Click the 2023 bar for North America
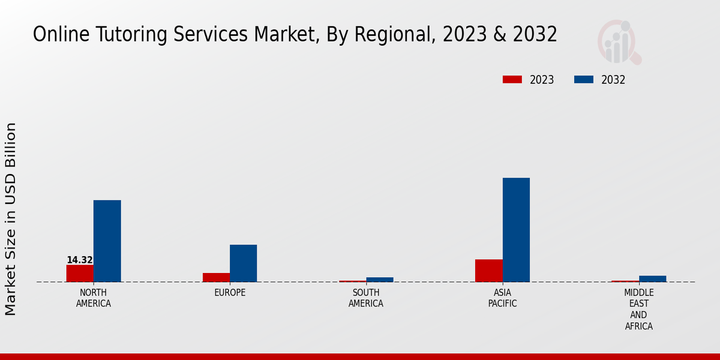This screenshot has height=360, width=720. [x=80, y=273]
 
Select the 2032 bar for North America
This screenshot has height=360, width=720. [x=107, y=241]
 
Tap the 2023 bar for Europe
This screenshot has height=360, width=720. [x=216, y=277]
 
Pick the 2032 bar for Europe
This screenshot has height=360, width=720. [x=243, y=263]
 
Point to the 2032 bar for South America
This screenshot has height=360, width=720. [x=380, y=280]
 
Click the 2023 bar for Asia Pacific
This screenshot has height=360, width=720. [x=488, y=270]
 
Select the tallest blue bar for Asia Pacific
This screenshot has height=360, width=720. [x=516, y=230]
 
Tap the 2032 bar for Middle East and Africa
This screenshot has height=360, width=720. [x=652, y=278]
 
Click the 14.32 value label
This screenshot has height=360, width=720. [x=79, y=260]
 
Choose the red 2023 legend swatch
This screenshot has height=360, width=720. [x=512, y=80]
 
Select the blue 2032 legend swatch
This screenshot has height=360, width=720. [x=584, y=80]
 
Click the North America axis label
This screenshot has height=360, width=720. [x=93, y=298]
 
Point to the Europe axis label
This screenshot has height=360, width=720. [x=230, y=293]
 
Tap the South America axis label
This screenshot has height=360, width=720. [x=366, y=298]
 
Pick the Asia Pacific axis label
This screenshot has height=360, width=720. [x=502, y=298]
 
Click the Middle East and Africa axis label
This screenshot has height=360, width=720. [x=638, y=310]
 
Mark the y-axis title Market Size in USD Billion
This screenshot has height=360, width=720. [x=11, y=219]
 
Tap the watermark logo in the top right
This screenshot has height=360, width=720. [x=619, y=42]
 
